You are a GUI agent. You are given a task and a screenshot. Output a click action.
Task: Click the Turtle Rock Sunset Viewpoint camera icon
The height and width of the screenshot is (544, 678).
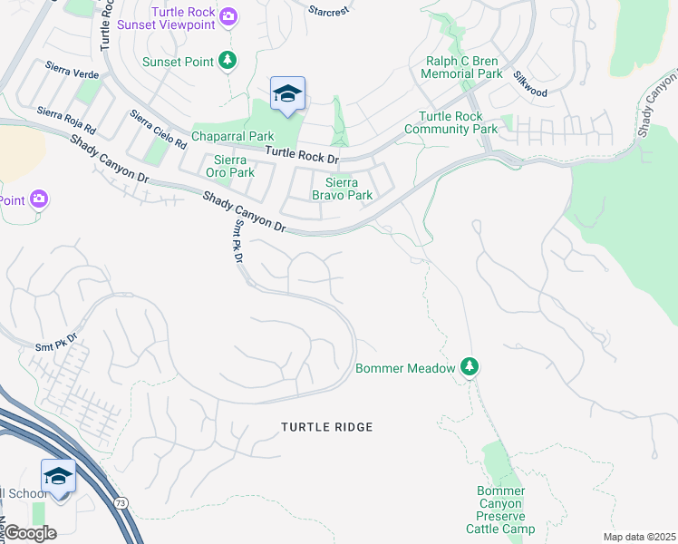click(228, 16)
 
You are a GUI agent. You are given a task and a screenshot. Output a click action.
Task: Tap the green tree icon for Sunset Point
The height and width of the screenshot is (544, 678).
click(228, 62)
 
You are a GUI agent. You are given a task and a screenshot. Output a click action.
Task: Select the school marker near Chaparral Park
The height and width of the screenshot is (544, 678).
click(287, 94)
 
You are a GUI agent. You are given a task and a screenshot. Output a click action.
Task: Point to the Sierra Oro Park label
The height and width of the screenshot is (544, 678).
click(229, 166)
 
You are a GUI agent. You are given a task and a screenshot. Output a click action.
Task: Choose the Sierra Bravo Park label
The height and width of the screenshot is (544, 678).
click(342, 189)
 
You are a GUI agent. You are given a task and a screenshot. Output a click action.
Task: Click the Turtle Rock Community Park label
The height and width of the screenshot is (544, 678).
click(458, 122)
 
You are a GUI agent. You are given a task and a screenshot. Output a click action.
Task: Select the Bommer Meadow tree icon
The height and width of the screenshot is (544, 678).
click(469, 367)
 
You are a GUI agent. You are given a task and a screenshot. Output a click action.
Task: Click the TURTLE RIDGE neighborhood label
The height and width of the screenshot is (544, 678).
click(326, 426)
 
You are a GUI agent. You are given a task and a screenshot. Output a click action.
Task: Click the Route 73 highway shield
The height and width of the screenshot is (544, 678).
click(120, 500)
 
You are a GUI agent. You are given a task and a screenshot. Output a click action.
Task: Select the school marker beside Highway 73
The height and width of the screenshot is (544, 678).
click(57, 476)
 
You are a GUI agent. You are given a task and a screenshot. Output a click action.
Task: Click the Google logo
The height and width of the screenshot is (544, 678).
click(29, 532)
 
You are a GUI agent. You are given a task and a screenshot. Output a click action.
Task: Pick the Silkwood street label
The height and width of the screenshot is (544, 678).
click(531, 86)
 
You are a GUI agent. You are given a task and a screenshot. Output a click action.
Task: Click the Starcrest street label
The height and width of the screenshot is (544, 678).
click(328, 11)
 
